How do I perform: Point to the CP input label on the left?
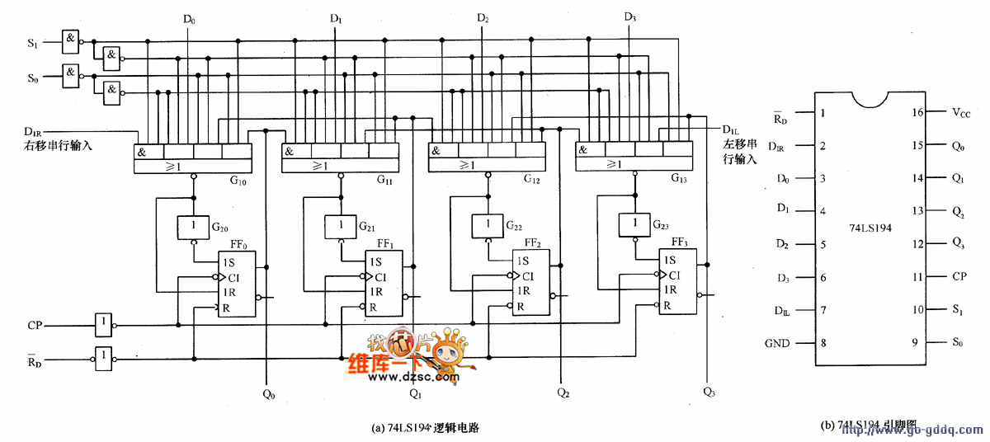tap(35, 325)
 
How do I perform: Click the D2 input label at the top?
tap(483, 18)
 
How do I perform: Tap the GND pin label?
tap(776, 343)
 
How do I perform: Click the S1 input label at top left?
tap(33, 42)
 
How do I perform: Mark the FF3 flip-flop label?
tap(680, 242)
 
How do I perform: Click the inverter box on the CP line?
tap(103, 324)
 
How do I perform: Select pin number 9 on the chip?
tap(915, 343)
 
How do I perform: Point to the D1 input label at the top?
tap(336, 18)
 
